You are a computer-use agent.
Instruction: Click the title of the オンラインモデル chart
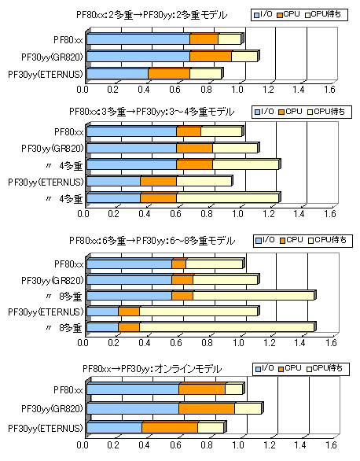152,369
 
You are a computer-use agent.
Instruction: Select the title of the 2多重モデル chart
152,15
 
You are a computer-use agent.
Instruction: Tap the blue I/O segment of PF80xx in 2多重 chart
138,39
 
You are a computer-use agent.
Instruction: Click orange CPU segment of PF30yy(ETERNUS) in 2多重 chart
169,74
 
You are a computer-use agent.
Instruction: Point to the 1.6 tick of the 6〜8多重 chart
331,342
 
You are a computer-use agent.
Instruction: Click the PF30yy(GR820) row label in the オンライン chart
52,408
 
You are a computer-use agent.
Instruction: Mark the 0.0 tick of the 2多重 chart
83,90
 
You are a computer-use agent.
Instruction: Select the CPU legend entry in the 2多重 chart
288,14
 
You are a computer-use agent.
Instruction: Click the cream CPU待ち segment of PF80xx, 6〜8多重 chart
215,264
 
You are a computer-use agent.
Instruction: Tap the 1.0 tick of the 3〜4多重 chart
237,214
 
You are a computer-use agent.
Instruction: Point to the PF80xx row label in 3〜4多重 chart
68,132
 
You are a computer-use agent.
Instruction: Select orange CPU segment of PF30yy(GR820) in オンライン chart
207,408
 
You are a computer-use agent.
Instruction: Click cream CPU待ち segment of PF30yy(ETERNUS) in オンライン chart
211,427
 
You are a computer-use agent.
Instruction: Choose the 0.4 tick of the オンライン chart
144,444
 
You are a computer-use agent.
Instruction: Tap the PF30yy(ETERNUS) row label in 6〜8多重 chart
46,312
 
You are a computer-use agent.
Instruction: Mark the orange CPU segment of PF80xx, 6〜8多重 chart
179,264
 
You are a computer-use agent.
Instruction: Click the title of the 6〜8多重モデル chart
152,241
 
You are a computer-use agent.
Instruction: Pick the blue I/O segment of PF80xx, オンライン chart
133,389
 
